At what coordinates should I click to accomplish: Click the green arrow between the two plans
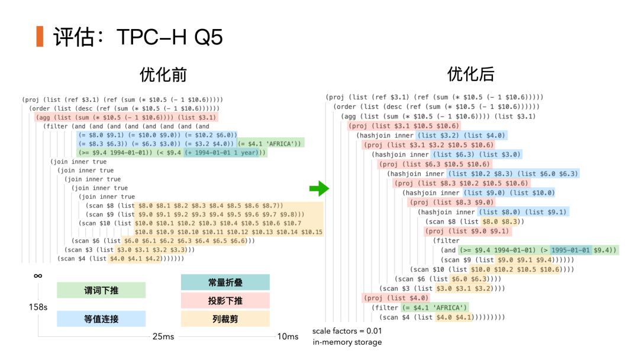pos(319,189)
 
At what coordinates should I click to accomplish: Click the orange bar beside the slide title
pos(40,37)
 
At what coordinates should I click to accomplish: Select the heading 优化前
pos(163,75)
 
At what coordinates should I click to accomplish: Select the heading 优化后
pos(471,75)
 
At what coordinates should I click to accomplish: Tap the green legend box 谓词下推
pos(101,290)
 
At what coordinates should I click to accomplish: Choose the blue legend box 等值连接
pos(101,319)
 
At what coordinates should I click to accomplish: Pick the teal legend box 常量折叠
pos(225,282)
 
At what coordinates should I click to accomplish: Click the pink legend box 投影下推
pos(225,301)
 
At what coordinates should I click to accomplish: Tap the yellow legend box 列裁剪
pos(225,319)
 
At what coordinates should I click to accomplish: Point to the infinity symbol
pos(38,276)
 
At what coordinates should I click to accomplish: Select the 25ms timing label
pos(163,336)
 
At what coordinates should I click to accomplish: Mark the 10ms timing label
pos(288,336)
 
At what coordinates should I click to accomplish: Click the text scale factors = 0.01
pos(347,331)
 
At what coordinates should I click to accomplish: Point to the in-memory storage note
pos(347,342)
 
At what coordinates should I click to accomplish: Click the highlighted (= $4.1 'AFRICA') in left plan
pos(270,143)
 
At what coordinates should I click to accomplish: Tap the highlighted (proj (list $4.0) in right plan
pos(388,298)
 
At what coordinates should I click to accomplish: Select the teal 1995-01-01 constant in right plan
pos(570,250)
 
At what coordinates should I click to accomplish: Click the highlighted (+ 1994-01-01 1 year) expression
pos(225,153)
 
